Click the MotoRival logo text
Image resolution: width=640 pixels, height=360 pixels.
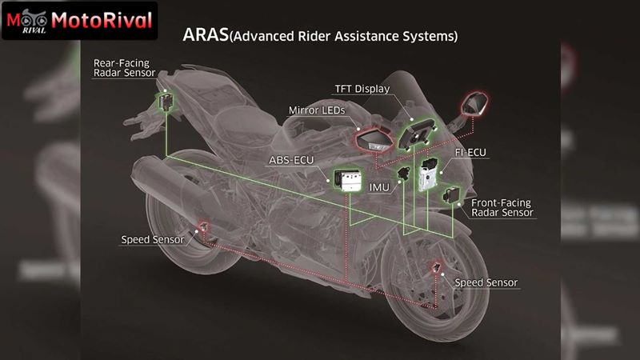pyautogui.click(x=102, y=20)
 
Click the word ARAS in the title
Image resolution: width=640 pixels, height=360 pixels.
pyautogui.click(x=206, y=34)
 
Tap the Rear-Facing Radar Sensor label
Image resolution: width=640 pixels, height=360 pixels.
pyautogui.click(x=125, y=68)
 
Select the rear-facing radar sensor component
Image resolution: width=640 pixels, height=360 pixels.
pyautogui.click(x=166, y=102)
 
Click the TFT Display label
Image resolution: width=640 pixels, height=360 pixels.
pyautogui.click(x=362, y=89)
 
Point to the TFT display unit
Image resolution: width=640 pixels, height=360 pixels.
pyautogui.click(x=417, y=134)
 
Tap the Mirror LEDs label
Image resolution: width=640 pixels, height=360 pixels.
pyautogui.click(x=317, y=110)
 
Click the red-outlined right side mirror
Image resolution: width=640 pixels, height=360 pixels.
pyautogui.click(x=474, y=104)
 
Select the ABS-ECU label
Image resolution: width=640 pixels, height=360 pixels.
pyautogui.click(x=291, y=160)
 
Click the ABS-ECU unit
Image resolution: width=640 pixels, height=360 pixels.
pyautogui.click(x=348, y=180)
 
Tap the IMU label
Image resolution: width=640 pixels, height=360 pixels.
pyautogui.click(x=379, y=187)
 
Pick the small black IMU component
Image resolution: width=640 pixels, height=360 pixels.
pyautogui.click(x=404, y=173)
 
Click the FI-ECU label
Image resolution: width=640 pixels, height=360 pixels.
pyautogui.click(x=470, y=153)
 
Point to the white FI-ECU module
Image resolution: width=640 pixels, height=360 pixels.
pyautogui.click(x=428, y=174)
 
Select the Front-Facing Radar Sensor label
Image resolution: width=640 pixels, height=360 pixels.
pyautogui.click(x=502, y=208)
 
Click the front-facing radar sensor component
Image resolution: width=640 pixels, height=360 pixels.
pyautogui.click(x=451, y=194)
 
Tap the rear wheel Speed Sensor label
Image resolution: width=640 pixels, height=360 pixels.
pyautogui.click(x=153, y=239)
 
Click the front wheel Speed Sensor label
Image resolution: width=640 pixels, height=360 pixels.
pyautogui.click(x=486, y=282)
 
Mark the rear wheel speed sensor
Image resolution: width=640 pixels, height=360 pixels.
pyautogui.click(x=203, y=226)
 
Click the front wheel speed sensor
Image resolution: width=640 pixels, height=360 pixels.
pyautogui.click(x=436, y=267)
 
